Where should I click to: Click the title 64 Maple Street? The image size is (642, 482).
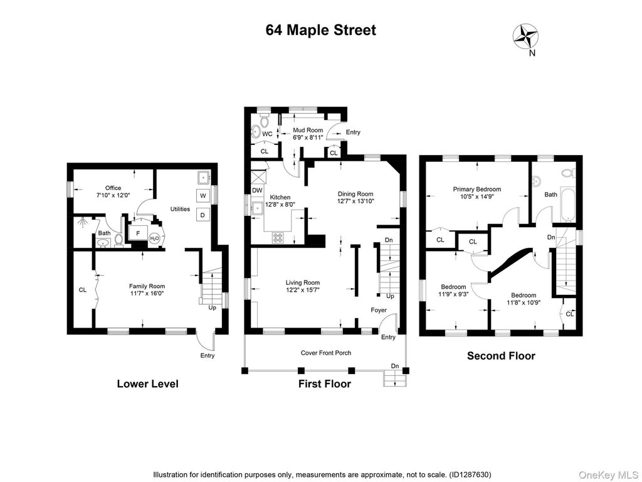[320, 29]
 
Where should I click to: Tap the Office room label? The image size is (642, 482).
[113, 188]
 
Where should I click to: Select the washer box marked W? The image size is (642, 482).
[203, 195]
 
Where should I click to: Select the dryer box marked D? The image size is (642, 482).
[203, 215]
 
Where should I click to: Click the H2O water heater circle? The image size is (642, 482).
[154, 238]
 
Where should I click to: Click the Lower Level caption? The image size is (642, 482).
[147, 383]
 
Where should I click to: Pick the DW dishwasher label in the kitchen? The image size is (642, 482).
[257, 190]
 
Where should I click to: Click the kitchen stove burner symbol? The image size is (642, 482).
[278, 238]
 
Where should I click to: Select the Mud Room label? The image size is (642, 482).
[308, 130]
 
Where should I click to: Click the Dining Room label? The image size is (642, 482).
[355, 194]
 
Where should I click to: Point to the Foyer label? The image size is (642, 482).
[379, 310]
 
